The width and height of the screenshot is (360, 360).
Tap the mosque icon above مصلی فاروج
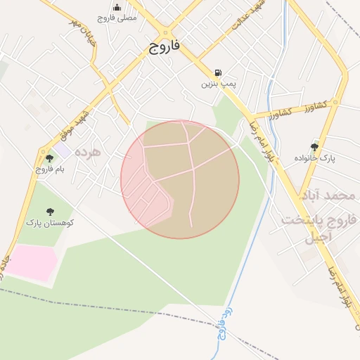tap(117, 7)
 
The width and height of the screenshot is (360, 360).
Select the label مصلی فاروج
tap(117, 18)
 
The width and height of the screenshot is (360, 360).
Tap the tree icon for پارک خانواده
tap(314, 147)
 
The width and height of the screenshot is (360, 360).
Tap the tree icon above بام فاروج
tap(50, 158)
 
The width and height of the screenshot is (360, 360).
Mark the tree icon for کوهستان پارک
tap(50, 212)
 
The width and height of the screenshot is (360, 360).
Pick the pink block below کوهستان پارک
tap(32, 262)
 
